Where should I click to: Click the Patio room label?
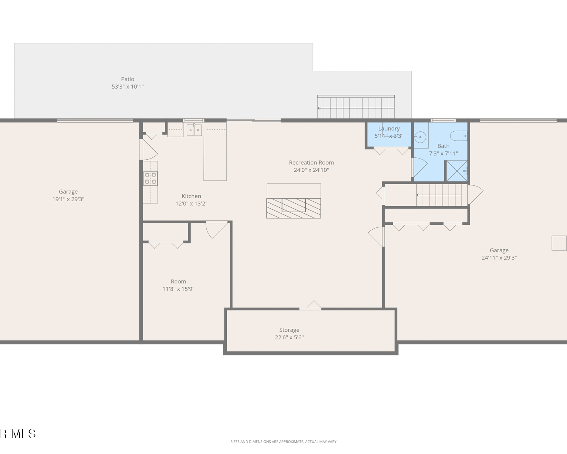127,79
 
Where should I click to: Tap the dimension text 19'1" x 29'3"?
68,199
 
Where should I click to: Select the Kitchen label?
191,196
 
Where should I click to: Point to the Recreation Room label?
311,163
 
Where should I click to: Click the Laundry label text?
389,129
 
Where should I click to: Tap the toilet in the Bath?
459,136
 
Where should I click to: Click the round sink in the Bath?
420,137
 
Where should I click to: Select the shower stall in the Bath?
457,171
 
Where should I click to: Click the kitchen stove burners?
150,178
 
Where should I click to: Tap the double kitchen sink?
194,130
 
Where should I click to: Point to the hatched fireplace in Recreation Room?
294,208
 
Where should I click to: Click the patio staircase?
356,107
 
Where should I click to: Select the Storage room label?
289,330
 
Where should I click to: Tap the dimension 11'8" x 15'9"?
178,289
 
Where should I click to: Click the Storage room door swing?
313,304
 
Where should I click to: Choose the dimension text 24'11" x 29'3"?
499,258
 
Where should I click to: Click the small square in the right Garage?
559,243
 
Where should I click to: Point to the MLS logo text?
17,434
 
